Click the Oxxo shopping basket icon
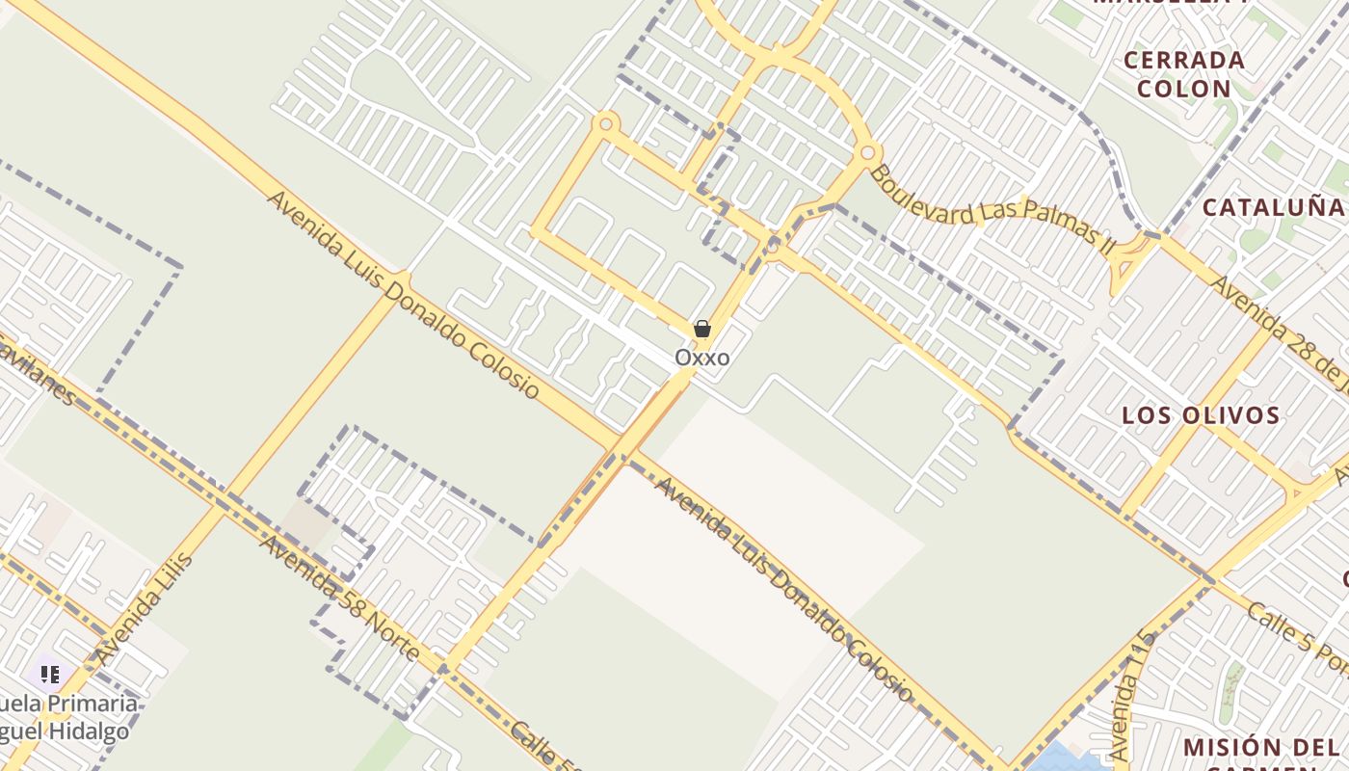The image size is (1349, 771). tap(702, 330)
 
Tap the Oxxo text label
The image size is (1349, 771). tap(701, 358)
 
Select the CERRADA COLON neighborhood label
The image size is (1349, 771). tap(1184, 74)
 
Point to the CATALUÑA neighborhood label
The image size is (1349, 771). tap(1272, 207)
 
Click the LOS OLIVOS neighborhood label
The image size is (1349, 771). tap(1201, 415)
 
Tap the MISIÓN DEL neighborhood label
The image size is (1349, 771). tap(1260, 748)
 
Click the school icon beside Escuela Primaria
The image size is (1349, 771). tap(50, 674)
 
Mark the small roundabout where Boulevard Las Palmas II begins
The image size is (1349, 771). tap(867, 151)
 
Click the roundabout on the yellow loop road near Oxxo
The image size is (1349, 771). tap(606, 122)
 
